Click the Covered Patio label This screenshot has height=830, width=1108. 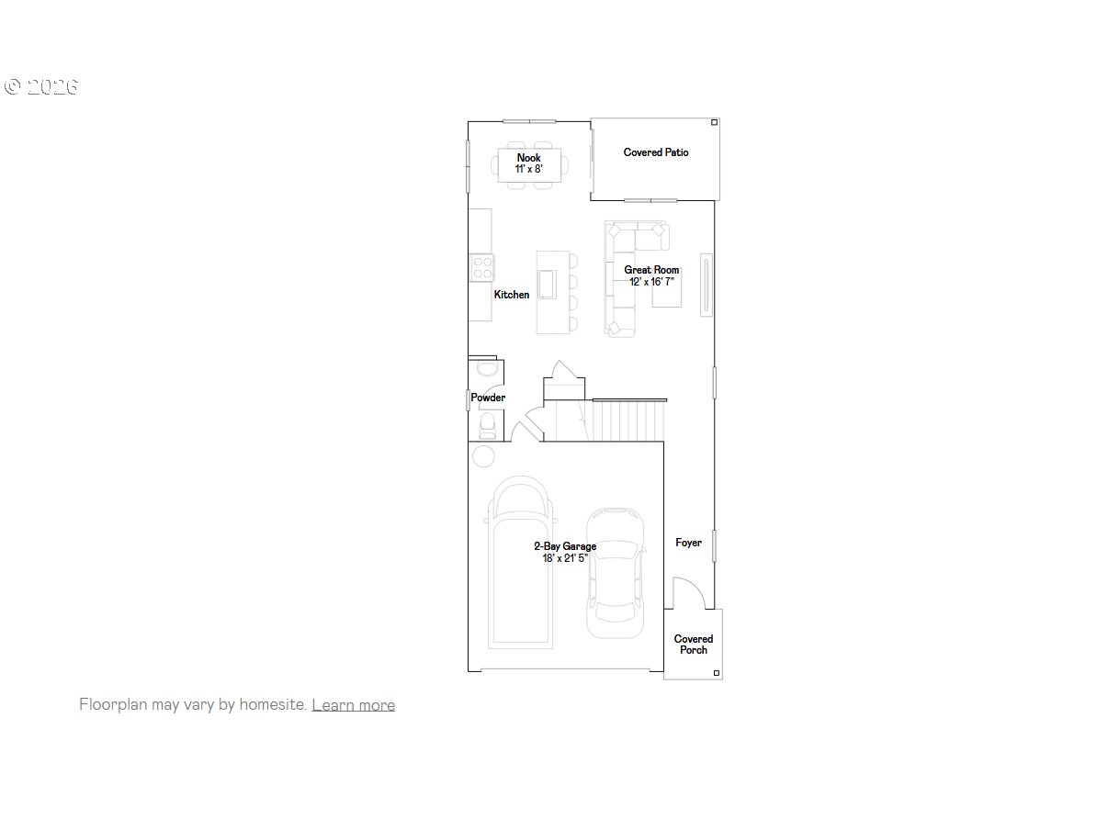656,152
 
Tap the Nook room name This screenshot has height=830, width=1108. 528,158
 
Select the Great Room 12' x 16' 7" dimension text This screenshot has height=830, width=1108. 651,282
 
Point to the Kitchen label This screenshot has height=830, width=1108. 512,295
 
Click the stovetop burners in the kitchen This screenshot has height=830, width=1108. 482,267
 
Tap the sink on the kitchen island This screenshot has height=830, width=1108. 548,285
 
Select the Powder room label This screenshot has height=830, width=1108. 488,398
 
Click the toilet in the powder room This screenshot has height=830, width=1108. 488,426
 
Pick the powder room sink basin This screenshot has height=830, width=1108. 488,369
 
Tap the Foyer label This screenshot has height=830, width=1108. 688,543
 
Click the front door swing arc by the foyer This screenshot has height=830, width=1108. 694,586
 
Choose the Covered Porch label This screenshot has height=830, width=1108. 694,645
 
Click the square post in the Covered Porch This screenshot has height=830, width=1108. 717,673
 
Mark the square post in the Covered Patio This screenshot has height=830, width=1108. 714,122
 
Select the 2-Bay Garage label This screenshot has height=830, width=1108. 565,546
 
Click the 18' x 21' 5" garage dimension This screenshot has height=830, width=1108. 565,558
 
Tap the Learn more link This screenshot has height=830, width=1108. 354,704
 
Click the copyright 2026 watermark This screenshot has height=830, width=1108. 41,86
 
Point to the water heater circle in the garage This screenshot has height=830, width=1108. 483,456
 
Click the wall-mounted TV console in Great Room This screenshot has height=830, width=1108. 707,285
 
